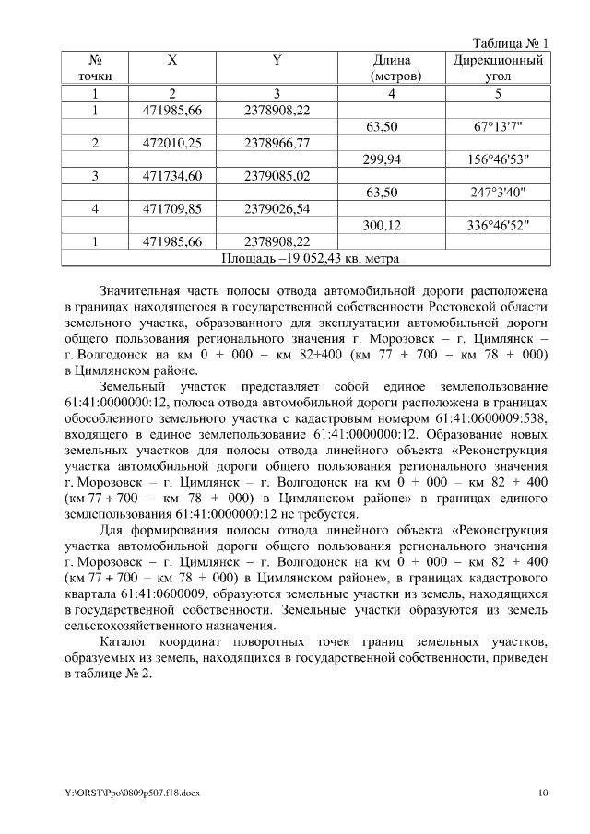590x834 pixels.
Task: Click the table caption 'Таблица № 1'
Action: click(x=510, y=42)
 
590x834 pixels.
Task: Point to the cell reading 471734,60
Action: click(x=172, y=176)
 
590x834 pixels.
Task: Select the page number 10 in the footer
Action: click(x=544, y=792)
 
